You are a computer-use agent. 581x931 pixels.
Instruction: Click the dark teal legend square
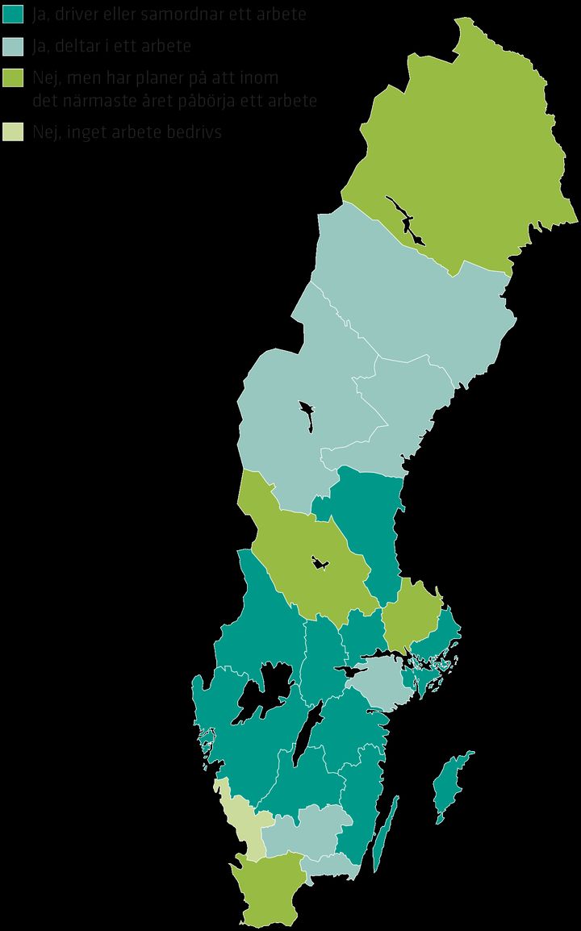point(14,15)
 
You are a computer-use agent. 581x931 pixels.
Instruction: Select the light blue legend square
point(14,46)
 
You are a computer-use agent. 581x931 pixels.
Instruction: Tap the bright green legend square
point(14,77)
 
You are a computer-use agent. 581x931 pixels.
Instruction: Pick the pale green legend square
point(14,132)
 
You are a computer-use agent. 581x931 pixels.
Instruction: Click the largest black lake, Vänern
point(261,695)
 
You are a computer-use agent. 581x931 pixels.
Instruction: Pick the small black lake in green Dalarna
point(320,564)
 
